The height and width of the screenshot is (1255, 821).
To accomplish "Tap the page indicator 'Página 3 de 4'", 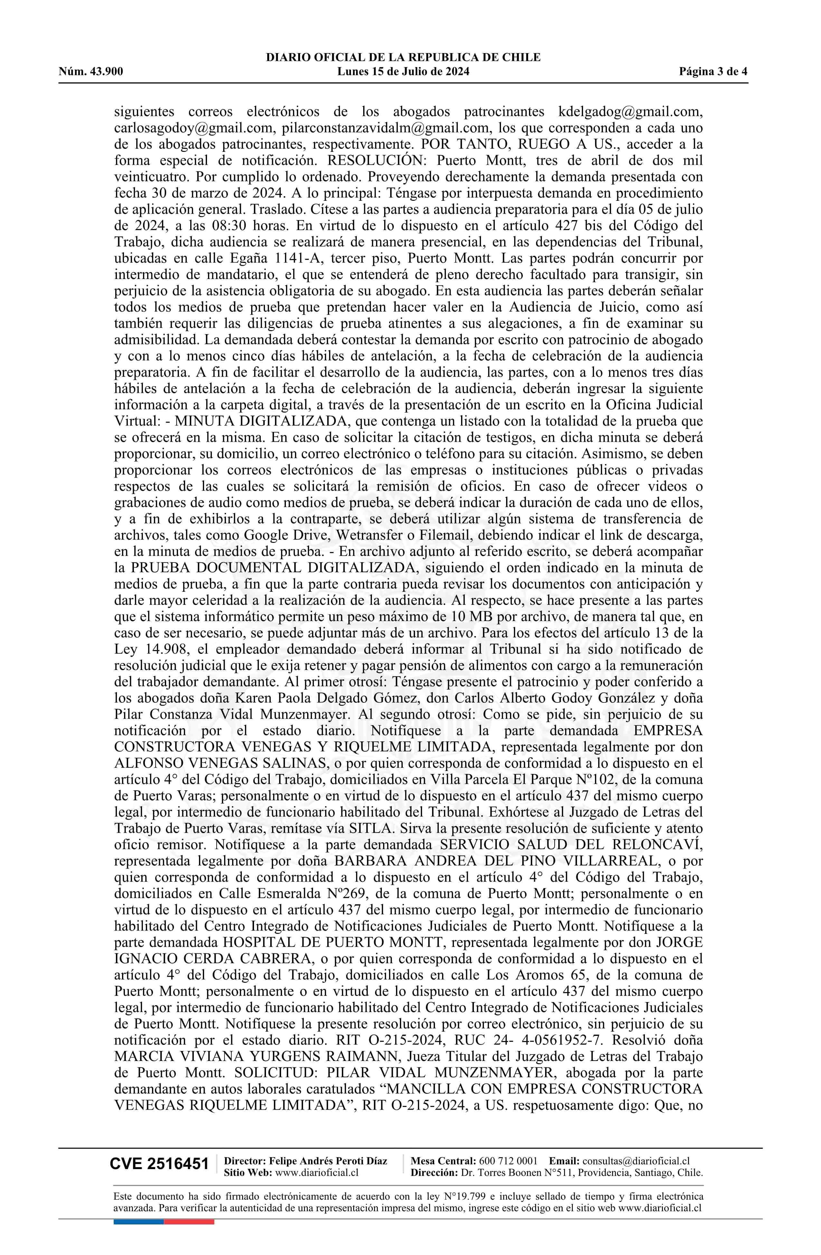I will click(713, 72).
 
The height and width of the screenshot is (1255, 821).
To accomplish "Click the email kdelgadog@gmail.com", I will click(630, 112).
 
